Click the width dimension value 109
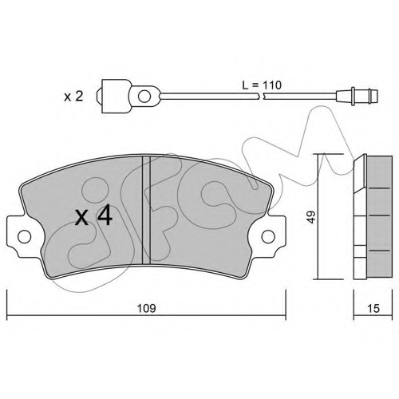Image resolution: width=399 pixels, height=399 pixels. click(146, 308)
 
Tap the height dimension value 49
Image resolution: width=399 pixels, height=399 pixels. click(311, 217)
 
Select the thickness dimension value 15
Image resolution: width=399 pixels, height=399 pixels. click(373, 308)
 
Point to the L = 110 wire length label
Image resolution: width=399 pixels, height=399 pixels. click(262, 85)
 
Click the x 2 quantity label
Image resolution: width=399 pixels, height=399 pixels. click(73, 97)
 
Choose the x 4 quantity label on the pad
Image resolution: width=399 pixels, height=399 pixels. click(94, 216)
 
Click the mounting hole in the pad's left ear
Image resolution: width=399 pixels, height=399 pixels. click(24, 236)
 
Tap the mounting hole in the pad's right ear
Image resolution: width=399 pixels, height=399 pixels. click(268, 236)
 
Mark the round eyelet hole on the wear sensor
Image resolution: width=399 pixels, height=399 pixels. click(144, 96)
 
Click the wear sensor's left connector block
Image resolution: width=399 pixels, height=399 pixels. click(117, 96)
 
